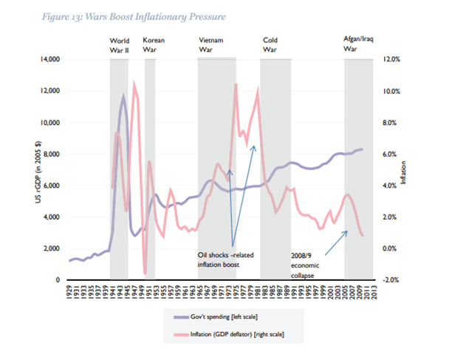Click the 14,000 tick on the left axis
(x=49, y=59)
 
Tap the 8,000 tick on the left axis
(x=52, y=154)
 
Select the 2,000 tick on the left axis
(x=52, y=248)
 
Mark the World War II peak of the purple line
(x=123, y=95)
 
